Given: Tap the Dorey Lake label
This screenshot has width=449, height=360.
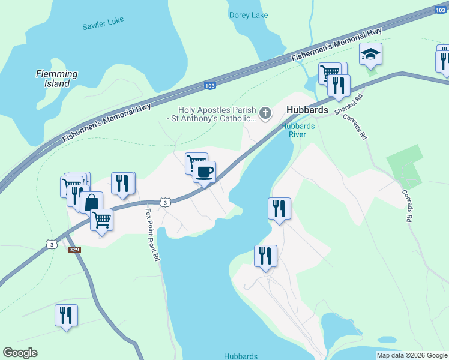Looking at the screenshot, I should click(x=249, y=15).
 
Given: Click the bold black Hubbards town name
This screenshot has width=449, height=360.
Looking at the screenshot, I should click(x=307, y=110).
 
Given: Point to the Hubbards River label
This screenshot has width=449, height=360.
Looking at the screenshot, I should click(x=294, y=130).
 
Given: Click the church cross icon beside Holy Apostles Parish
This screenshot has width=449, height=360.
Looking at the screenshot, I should click(x=265, y=112).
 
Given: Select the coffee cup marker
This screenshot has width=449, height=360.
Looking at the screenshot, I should click(x=204, y=172).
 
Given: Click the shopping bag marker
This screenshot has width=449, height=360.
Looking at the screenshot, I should click(x=91, y=202).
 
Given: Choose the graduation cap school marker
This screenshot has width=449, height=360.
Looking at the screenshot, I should click(x=370, y=55).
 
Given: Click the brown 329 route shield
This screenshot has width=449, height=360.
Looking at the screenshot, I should click(x=74, y=249).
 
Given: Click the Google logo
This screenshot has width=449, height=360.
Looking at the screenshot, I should click(x=20, y=353).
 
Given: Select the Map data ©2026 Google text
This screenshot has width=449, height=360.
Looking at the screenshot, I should click(x=411, y=355).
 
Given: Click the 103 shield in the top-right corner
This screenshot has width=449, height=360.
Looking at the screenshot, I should click(x=441, y=10).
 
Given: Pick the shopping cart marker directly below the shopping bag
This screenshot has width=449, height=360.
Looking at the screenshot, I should click(x=102, y=220).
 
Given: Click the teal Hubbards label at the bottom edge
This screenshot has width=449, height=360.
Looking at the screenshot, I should click(x=241, y=356).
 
